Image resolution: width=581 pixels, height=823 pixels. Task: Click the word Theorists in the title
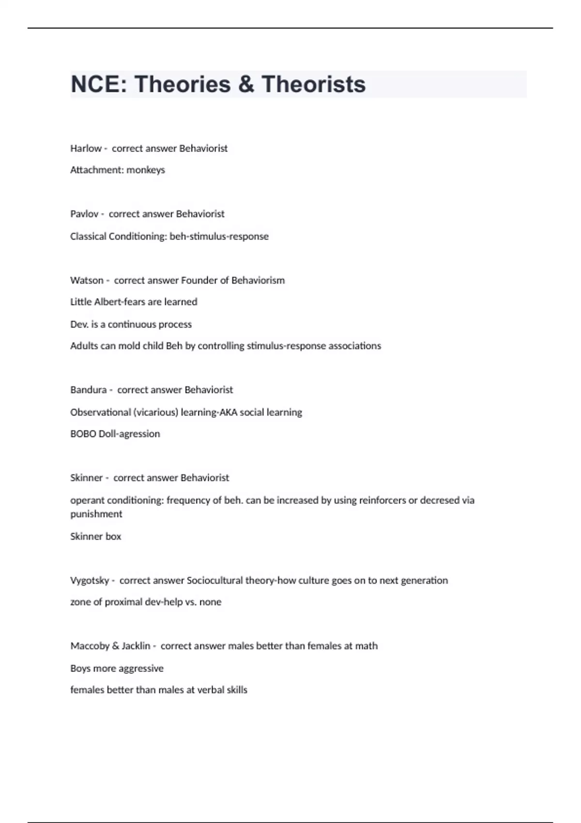pyautogui.click(x=313, y=84)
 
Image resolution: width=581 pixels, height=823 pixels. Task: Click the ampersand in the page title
pyautogui.click(x=246, y=84)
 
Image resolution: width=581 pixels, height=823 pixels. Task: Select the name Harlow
pyautogui.click(x=86, y=149)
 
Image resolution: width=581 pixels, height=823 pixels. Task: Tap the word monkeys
pyautogui.click(x=146, y=170)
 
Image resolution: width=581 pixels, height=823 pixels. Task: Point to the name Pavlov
pyautogui.click(x=84, y=214)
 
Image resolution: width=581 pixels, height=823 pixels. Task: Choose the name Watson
pyautogui.click(x=87, y=280)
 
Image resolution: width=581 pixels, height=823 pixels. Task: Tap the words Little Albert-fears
pyautogui.click(x=107, y=302)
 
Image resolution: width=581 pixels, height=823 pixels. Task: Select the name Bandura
pyautogui.click(x=88, y=390)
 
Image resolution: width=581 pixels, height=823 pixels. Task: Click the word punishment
pyautogui.click(x=96, y=514)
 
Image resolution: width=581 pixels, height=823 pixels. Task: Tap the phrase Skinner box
pyautogui.click(x=95, y=536)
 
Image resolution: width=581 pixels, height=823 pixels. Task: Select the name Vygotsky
pyautogui.click(x=90, y=580)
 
